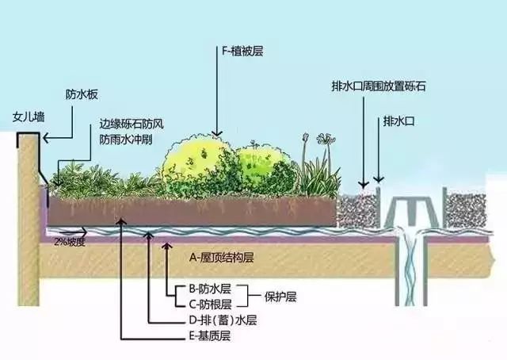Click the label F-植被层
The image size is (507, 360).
tap(242, 52)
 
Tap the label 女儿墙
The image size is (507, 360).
tap(29, 117)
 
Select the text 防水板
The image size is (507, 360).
tap(82, 94)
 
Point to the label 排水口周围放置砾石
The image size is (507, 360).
tap(379, 86)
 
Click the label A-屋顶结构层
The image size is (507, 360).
tap(222, 258)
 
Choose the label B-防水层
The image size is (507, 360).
tap(210, 289)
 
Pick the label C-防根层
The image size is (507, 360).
tap(210, 304)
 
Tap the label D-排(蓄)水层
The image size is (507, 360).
tap(223, 320)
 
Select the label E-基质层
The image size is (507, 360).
tap(209, 336)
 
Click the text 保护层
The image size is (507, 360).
tap(280, 297)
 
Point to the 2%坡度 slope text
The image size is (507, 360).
tap(70, 242)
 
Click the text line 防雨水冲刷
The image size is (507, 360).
tap(126, 140)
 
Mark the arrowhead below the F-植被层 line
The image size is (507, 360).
tap(217, 133)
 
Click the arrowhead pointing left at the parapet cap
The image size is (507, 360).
tap(46, 138)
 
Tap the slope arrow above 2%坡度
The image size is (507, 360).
tap(73, 232)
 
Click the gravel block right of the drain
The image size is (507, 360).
tap(465, 210)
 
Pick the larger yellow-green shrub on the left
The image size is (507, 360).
tap(198, 164)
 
